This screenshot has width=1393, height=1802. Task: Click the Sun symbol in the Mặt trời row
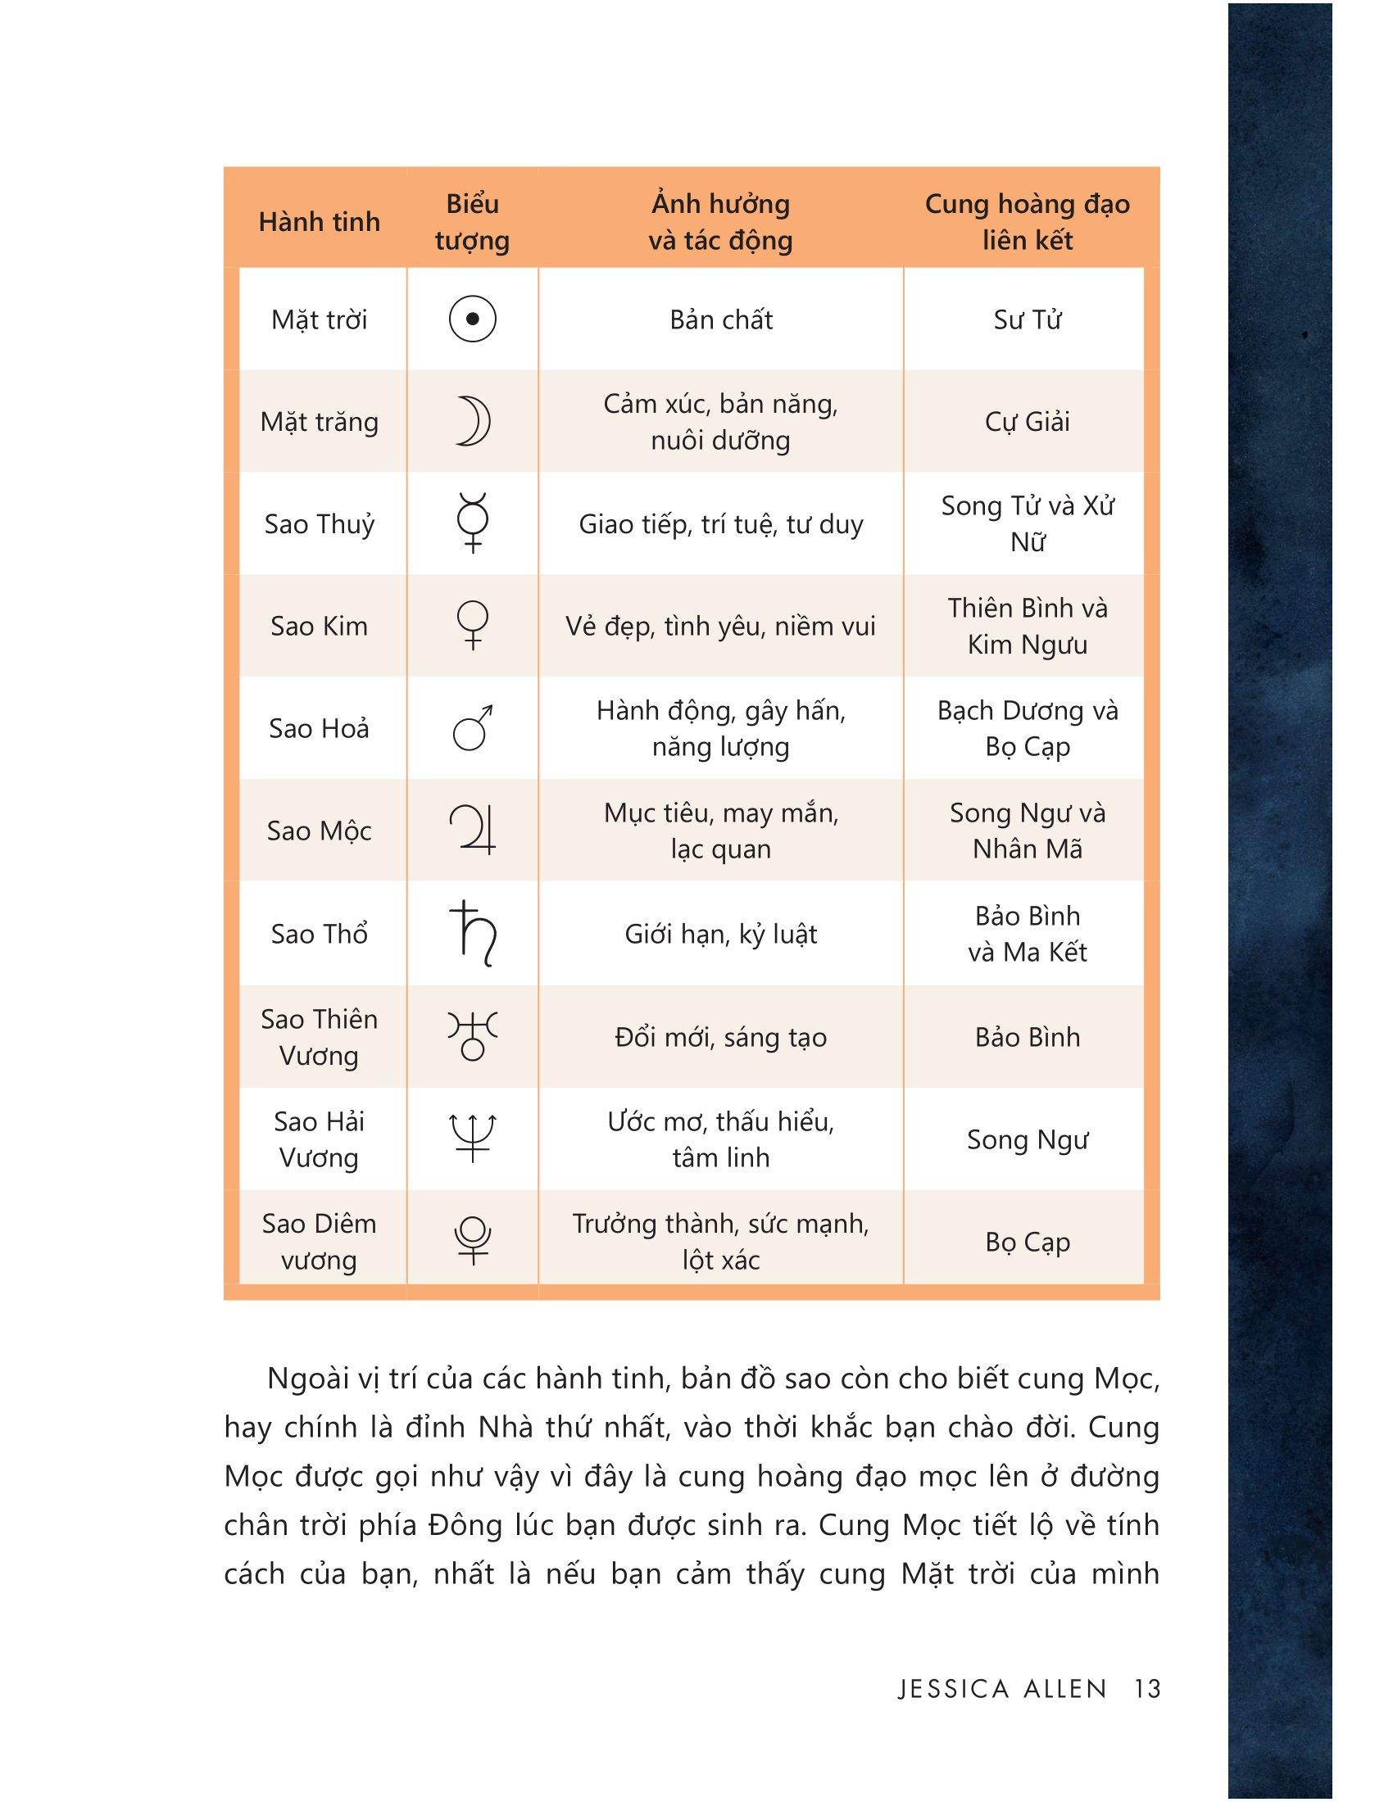pos(472,319)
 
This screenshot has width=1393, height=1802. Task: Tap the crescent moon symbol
pos(473,422)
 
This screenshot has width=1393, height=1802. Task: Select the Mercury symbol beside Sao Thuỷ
pos(473,523)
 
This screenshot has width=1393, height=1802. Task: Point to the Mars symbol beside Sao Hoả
pos(473,727)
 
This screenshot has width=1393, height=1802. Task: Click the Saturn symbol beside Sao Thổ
pos(473,933)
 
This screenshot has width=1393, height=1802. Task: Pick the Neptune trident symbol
pos(473,1139)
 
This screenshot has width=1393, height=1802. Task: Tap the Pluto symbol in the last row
pos(473,1241)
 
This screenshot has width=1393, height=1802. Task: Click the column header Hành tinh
pos(320,222)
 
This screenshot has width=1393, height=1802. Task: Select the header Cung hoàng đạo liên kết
pos(1027,222)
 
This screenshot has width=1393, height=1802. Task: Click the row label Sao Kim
pos(320,627)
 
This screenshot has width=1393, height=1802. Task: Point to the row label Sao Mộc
pos(320,831)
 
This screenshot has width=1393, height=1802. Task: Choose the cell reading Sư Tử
pos(1027,319)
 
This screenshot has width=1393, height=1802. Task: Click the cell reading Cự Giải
pos(1027,422)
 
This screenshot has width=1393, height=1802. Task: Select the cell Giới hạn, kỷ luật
pos(720,934)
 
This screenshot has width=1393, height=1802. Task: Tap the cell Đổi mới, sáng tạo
pos(720,1037)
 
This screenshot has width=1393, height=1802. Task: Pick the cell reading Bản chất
pos(720,319)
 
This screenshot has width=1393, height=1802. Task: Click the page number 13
pos(1147,1688)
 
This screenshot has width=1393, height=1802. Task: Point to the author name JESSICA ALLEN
pos(1002,1688)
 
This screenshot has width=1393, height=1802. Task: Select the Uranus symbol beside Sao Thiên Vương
pos(473,1036)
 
